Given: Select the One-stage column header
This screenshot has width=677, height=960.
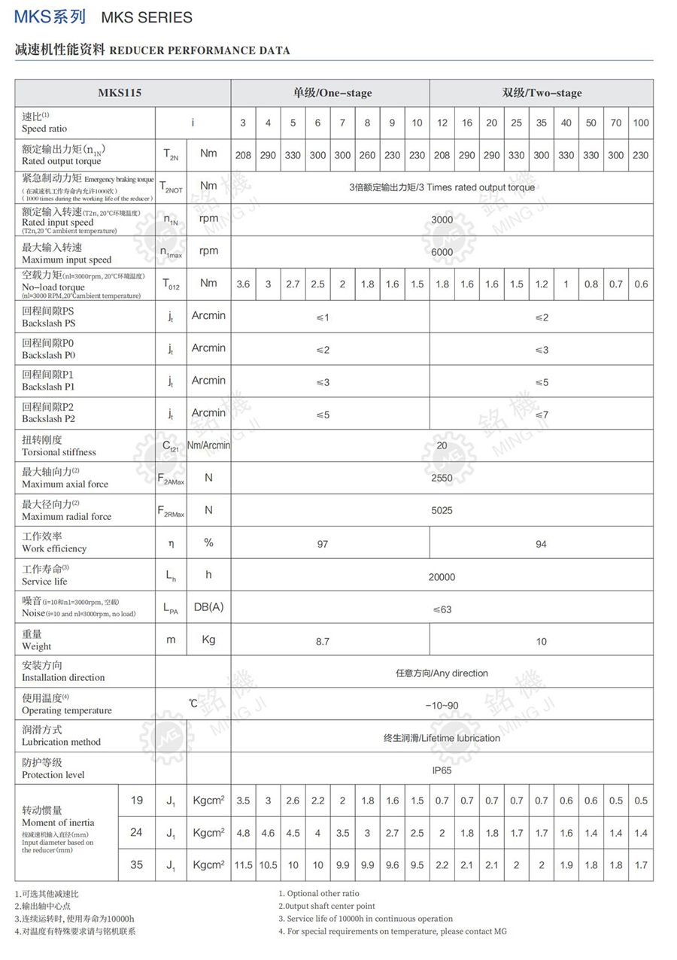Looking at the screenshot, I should point(332,93).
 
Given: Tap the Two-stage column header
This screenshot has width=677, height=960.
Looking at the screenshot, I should point(542,93).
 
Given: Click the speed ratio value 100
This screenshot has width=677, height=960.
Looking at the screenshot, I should point(641,123).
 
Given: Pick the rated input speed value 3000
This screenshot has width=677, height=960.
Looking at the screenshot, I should point(442,220).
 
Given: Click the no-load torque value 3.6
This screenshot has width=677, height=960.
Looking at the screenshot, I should point(243,284).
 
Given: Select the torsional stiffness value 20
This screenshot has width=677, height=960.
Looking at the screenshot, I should point(442,445).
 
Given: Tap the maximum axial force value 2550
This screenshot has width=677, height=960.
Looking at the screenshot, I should point(442,478).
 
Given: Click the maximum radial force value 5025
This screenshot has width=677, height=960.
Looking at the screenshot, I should point(442,511).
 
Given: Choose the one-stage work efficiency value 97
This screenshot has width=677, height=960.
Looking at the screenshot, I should point(323,544).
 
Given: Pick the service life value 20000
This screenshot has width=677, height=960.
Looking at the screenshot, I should point(442,577).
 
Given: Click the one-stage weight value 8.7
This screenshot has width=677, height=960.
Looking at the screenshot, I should point(323,642).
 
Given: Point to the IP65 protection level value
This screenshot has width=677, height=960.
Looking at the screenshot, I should point(442,770).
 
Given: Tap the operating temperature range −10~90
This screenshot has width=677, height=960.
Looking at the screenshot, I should point(442,706).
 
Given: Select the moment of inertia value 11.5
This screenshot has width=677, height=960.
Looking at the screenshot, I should point(243,865).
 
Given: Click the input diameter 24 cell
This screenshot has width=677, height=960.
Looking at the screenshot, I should point(136,832).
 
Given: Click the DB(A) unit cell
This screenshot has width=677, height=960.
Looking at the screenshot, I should point(208,607).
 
